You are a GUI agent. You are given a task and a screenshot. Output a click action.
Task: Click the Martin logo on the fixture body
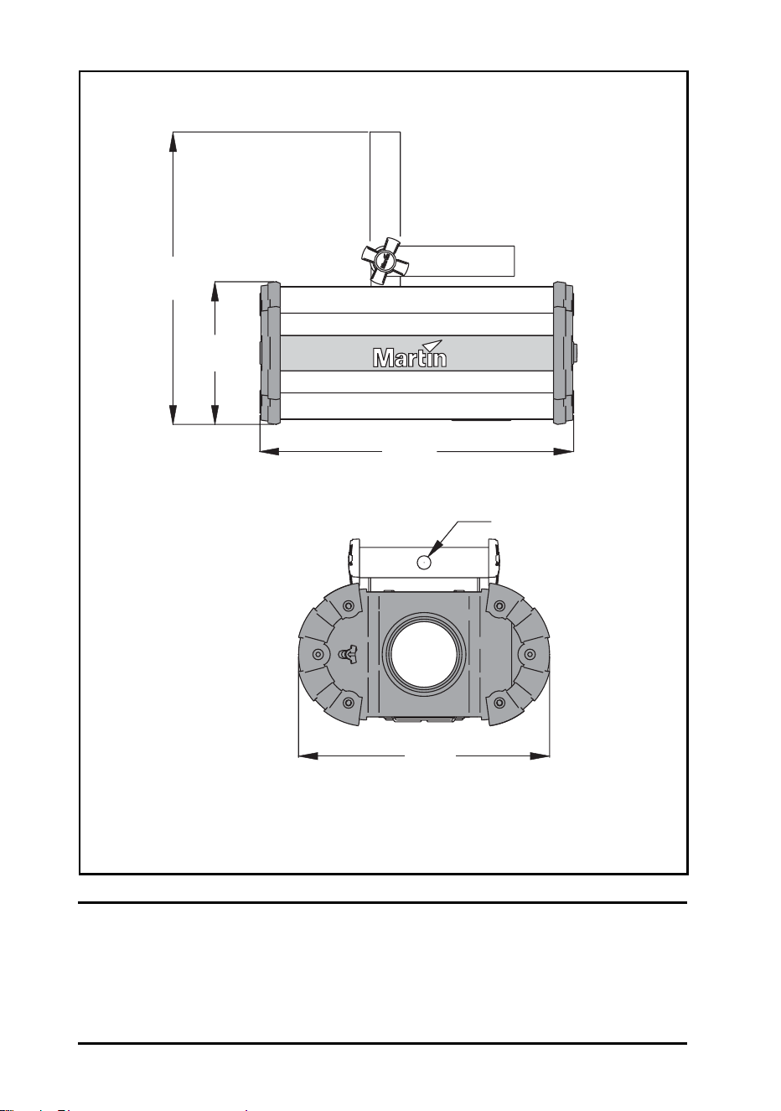[410, 354]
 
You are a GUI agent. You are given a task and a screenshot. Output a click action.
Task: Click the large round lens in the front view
[423, 653]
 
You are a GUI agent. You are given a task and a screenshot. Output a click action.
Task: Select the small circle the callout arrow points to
[424, 562]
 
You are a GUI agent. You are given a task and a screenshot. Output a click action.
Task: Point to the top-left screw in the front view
[349, 605]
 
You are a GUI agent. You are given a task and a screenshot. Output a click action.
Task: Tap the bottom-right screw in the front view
[499, 703]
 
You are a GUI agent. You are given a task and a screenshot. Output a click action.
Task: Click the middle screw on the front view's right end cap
[530, 654]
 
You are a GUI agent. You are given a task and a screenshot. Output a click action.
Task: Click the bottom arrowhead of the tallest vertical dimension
[173, 414]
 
